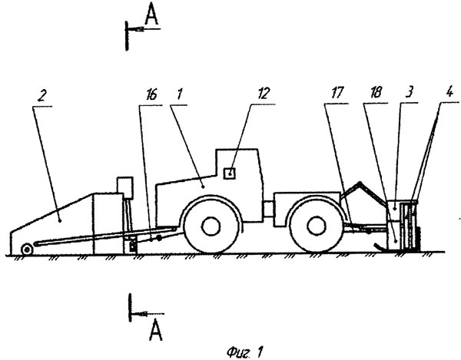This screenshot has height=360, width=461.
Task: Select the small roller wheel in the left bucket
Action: [28, 247]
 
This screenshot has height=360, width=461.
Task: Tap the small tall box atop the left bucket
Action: [123, 186]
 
